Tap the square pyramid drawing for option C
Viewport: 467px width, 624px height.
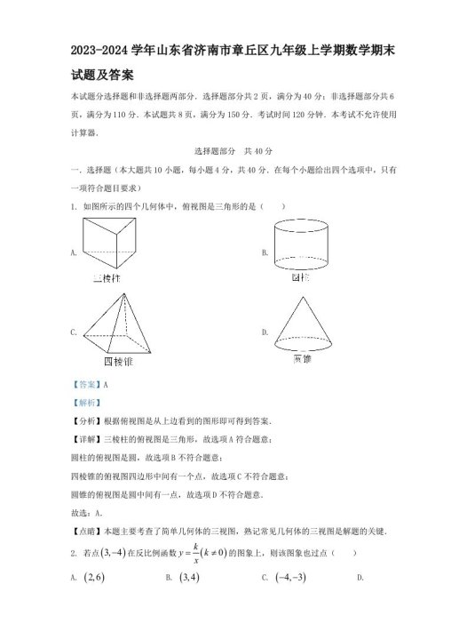118,326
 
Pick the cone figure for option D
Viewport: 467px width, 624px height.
302,325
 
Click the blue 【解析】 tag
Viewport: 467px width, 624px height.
83,403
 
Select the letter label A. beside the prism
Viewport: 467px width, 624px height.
73,253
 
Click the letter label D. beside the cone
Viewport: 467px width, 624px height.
265,332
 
